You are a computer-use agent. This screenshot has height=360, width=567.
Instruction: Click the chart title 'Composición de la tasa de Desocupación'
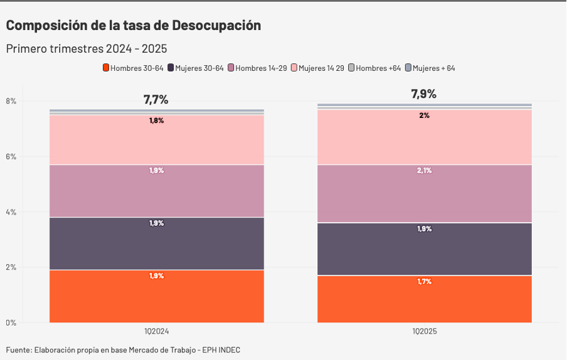pos(134,26)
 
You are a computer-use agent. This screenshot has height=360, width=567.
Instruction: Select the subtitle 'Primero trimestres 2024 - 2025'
pos(87,49)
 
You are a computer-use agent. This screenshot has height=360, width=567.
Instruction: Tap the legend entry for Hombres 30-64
pos(133,68)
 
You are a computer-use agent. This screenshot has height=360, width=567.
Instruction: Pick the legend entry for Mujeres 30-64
pos(196,68)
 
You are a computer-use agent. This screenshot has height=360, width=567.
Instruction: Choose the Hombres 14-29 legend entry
pos(258,68)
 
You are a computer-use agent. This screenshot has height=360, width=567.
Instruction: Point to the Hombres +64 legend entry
pos(374,68)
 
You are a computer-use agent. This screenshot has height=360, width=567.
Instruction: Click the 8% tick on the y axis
pos(11,101)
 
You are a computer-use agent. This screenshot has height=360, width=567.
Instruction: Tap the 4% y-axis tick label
pos(11,212)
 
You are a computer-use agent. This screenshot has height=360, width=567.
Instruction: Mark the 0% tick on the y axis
pos(11,323)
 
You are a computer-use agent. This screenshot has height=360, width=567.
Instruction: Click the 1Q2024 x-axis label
pos(157,331)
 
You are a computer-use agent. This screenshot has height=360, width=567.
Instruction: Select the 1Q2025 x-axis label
pos(425,331)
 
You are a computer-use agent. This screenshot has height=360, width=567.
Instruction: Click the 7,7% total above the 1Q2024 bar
pos(156,100)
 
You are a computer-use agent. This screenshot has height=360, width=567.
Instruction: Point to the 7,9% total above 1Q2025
pos(424,94)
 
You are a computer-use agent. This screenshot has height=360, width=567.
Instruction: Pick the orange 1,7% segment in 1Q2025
pos(425,299)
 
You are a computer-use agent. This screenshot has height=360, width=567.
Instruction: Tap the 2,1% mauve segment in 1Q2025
pos(425,193)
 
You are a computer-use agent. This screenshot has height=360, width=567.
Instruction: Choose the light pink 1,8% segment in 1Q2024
pos(157,139)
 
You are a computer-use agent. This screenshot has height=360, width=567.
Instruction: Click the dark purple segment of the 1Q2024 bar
pos(157,243)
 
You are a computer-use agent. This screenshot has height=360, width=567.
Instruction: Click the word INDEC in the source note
pos(229,350)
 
